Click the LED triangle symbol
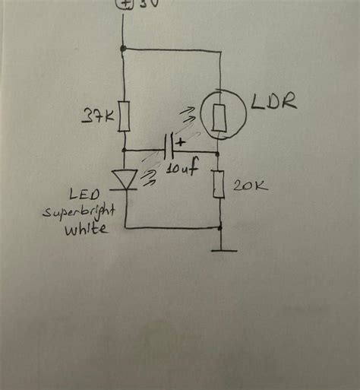point(124,179)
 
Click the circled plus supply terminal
point(124,3)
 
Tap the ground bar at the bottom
point(220,250)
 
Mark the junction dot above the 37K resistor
point(124,49)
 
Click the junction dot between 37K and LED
point(124,151)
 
